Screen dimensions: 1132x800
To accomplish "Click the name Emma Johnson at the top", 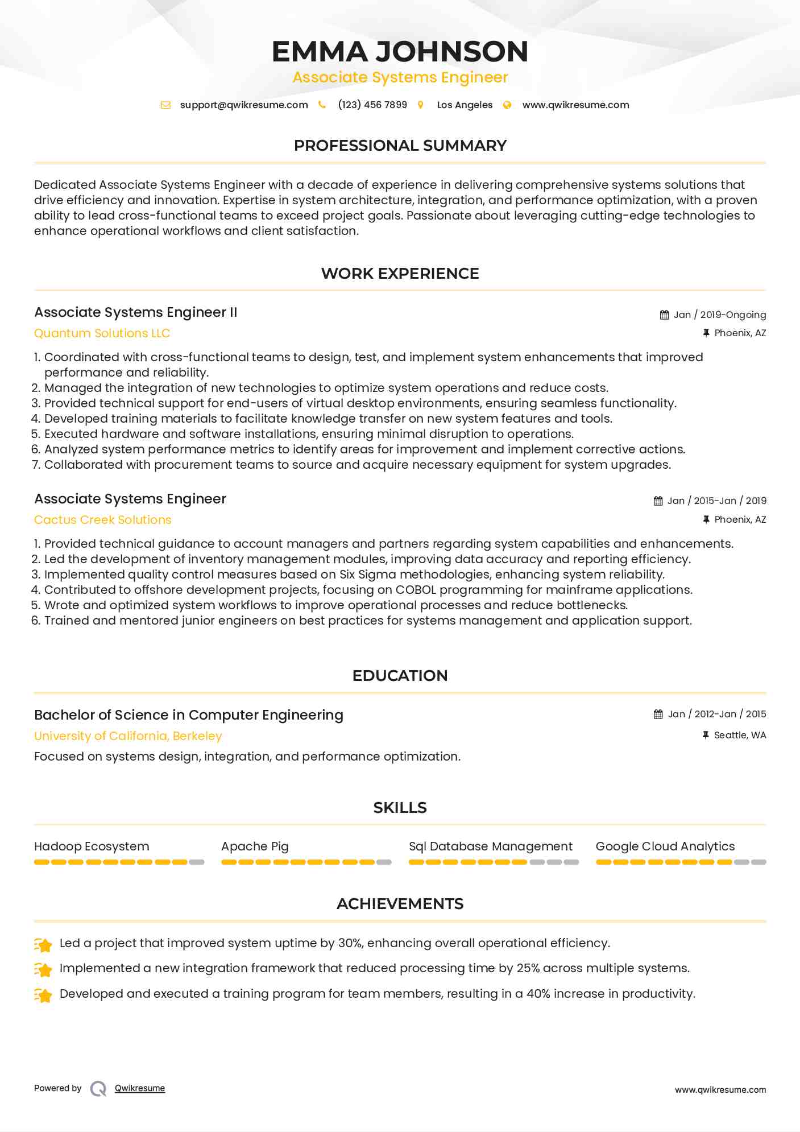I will coord(400,51).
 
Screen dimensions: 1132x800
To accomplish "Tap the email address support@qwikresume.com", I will coord(244,105).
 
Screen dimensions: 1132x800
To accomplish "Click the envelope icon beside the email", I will coord(165,105).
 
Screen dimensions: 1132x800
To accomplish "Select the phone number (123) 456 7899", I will coord(372,105).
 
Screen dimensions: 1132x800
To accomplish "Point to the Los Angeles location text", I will coord(465,105).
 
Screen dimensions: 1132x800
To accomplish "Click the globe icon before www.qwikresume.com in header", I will coord(507,105).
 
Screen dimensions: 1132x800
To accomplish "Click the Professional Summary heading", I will coord(400,146).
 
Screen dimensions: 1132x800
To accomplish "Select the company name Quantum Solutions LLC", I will coord(102,333).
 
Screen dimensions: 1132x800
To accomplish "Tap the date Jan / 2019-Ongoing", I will coord(719,315).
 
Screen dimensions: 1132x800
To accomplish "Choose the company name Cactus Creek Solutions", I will coord(102,520).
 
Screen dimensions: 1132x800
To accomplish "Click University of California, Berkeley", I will coord(128,736).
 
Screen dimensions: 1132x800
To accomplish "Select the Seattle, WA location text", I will coord(740,735).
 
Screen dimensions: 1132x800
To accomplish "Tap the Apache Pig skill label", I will coord(255,846).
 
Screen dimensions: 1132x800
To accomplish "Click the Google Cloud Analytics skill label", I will coord(665,846).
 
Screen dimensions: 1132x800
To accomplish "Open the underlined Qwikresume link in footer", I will coord(140,1088).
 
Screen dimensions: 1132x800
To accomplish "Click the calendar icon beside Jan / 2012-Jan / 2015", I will coord(658,714).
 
